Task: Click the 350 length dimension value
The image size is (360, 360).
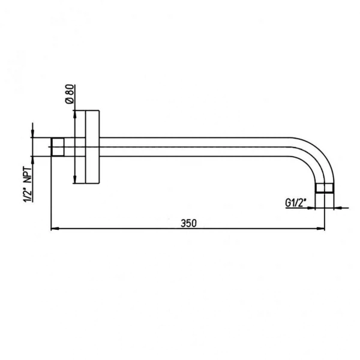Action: click(x=189, y=223)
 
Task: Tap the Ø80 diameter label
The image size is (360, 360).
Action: click(x=70, y=94)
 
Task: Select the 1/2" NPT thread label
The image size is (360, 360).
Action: click(x=28, y=185)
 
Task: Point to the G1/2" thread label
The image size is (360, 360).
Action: click(x=296, y=203)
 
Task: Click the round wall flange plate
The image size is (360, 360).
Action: click(x=92, y=147)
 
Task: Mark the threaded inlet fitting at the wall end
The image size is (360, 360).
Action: click(x=58, y=147)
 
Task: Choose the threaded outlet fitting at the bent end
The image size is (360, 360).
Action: click(x=325, y=188)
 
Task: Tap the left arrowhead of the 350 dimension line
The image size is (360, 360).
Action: click(x=55, y=229)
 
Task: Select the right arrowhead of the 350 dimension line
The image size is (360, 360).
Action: click(x=320, y=229)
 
